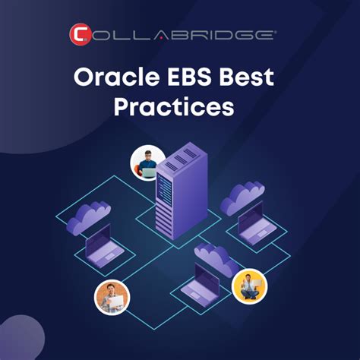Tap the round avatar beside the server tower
pos(147,163)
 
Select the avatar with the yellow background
pos(249,286)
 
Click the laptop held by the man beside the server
pos(148,172)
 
